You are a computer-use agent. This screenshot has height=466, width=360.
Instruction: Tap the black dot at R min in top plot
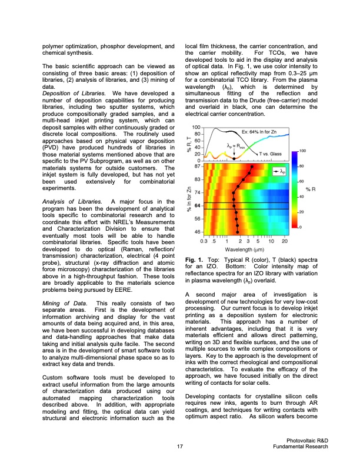tap(235, 158)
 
